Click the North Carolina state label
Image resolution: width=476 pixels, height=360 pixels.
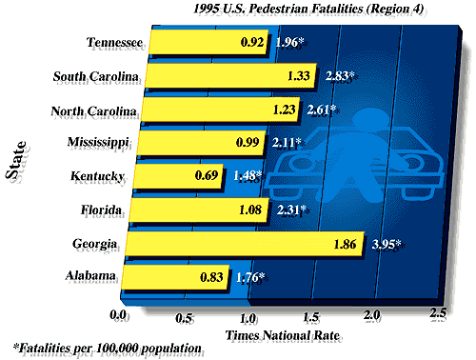pos(93,110)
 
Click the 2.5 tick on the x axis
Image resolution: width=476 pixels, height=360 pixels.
pos(438,313)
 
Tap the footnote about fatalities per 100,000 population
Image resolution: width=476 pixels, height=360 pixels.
pos(108,349)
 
